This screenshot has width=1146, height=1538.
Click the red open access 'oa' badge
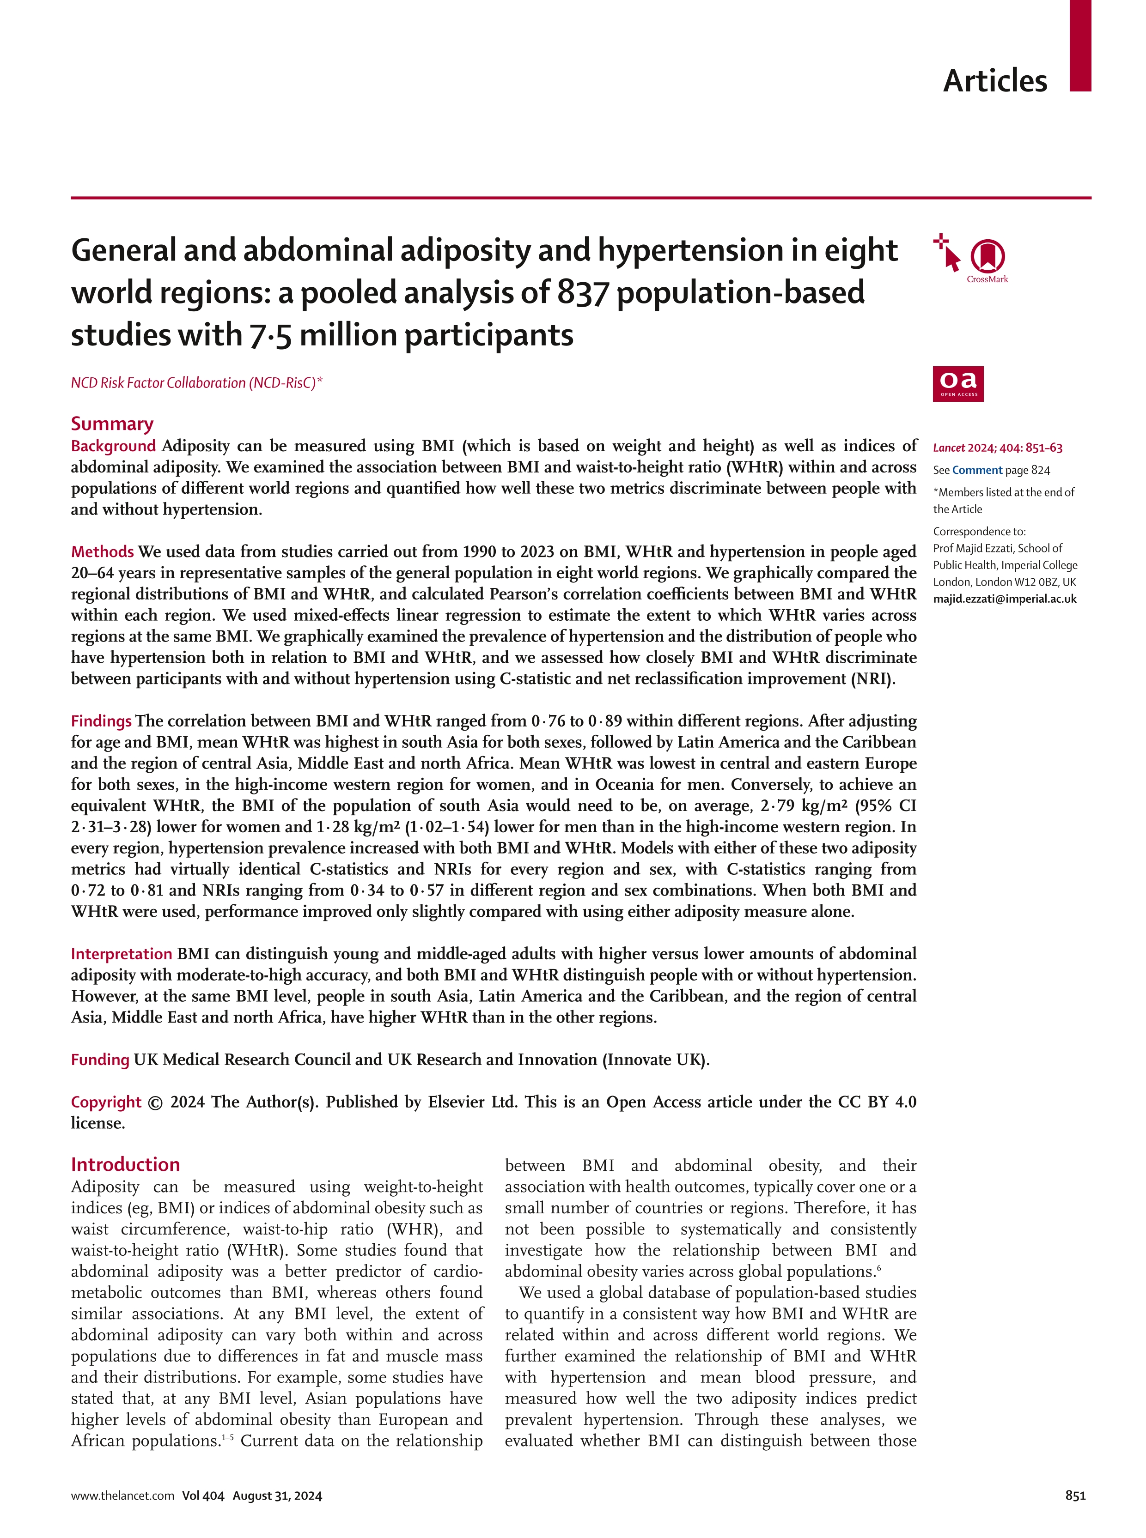957,383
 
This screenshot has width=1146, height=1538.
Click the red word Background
113,446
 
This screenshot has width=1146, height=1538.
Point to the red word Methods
102,552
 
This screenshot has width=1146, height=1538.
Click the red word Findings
101,721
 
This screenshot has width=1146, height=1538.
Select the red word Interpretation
122,954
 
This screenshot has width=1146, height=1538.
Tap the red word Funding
100,1060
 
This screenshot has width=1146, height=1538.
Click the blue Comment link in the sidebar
977,470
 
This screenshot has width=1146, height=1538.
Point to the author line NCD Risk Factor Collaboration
196,383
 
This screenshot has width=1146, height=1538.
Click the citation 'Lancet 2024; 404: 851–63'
997,448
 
